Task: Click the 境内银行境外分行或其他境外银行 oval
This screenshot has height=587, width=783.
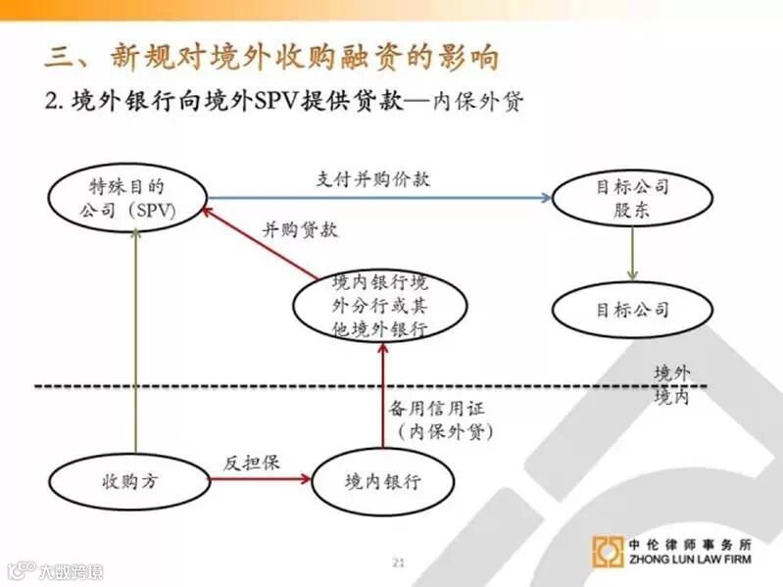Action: tap(379, 305)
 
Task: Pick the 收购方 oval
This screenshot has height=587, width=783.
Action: tap(128, 482)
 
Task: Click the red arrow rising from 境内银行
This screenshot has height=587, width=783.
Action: tap(383, 392)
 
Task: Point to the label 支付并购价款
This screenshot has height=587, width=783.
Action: tap(372, 179)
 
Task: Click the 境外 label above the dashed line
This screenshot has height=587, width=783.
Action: tap(672, 373)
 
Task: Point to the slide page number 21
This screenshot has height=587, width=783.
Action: tap(398, 562)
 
